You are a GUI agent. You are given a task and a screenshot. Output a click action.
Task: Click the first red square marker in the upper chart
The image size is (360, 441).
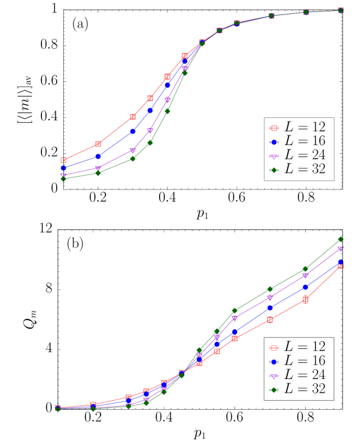tap(63, 160)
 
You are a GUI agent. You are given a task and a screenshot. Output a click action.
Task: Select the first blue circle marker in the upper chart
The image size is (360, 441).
tap(63, 168)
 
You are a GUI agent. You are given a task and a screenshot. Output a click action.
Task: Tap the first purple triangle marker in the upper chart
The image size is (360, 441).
tap(63, 175)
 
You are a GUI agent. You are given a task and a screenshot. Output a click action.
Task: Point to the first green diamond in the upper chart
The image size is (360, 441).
tap(63, 179)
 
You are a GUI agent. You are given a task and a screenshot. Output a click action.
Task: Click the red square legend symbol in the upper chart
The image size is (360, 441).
tap(274, 128)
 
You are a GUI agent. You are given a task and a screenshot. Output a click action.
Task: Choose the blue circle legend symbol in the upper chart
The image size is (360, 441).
tap(274, 143)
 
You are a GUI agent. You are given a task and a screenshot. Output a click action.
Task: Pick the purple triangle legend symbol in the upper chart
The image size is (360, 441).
tap(274, 156)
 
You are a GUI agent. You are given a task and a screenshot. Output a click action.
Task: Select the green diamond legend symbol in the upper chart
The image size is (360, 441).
tap(274, 170)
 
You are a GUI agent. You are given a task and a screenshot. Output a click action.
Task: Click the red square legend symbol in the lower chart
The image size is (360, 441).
tap(274, 348)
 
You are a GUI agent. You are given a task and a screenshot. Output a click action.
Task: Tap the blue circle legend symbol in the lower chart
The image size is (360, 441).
tap(274, 362)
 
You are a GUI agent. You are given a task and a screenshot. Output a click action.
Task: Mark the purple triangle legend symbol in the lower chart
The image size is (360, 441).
tap(274, 376)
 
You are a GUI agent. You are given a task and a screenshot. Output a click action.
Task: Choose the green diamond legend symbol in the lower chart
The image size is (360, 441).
tap(274, 390)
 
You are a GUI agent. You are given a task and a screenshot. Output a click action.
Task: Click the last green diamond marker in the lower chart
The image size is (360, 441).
tap(340, 239)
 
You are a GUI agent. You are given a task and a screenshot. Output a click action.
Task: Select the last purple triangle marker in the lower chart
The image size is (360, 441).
tap(340, 248)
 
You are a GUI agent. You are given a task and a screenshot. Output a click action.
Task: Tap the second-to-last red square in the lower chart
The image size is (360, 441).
tap(305, 299)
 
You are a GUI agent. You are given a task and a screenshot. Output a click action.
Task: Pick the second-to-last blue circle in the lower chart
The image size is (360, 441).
tap(305, 287)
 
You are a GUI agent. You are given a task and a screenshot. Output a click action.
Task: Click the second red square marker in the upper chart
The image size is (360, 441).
tap(98, 144)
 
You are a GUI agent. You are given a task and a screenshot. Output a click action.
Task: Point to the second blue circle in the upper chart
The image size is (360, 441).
tap(98, 156)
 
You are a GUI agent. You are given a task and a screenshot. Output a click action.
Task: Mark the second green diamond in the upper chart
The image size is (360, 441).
tap(98, 173)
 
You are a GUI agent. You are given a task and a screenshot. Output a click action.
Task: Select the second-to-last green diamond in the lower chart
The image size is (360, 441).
tap(305, 269)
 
